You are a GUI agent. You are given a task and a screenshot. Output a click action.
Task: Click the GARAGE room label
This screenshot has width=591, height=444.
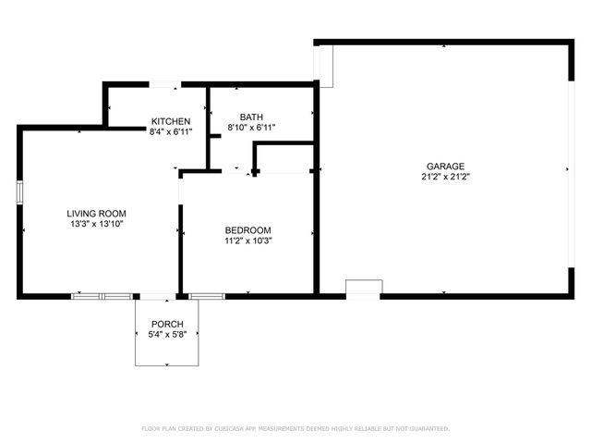pos(445,166)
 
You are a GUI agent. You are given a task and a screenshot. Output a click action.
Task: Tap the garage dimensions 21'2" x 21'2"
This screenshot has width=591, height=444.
pos(445,177)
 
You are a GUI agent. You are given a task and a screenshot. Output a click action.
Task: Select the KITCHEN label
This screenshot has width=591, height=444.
pos(171,121)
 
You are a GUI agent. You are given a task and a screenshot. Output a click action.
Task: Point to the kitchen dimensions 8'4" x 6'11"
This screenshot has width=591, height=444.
pos(171,132)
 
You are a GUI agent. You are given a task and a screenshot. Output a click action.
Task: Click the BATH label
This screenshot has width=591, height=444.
pos(251,117)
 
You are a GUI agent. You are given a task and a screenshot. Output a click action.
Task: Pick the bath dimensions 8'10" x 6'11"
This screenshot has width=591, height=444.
pos(251,127)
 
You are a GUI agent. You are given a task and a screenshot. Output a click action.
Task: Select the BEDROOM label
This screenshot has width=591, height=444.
pos(248,230)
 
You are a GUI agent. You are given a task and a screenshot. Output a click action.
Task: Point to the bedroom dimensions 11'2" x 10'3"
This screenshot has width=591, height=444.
pos(248,240)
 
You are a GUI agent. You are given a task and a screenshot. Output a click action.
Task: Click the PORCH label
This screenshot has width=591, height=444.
pos(167,324)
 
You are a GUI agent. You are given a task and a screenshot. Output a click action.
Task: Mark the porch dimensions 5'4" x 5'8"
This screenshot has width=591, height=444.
pos(167,334)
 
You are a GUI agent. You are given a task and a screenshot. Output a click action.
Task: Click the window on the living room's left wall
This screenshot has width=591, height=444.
pos(19,192)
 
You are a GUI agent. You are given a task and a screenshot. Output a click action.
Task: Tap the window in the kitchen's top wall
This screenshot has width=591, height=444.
pos(165,85)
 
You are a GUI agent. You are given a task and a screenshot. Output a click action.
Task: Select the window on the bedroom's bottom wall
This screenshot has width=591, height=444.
pos(207,296)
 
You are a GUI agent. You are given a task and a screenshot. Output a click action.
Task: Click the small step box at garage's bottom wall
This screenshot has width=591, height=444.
pos(363,289)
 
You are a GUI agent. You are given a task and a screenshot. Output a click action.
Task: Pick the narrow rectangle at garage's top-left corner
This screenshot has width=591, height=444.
pos(324,65)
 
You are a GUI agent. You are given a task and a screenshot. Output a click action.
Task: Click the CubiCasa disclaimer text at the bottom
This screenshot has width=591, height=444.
pos(295,428)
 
